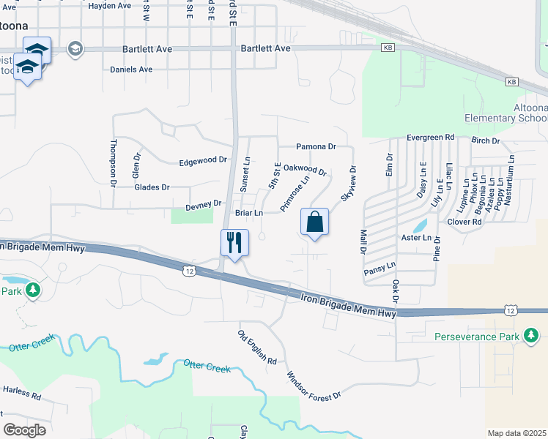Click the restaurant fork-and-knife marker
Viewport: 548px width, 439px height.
coord(234,242)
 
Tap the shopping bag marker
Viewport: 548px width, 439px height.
coord(314,222)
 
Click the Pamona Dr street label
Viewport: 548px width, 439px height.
coord(316,146)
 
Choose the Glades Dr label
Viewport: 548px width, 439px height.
coord(152,187)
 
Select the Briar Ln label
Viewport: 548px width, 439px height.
coord(248,213)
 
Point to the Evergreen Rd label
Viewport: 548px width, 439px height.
coord(431,137)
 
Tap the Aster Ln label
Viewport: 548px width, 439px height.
coord(416,237)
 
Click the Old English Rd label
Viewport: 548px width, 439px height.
coord(256,348)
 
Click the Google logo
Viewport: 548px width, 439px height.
coord(24,429)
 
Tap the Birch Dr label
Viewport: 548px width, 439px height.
coord(486,140)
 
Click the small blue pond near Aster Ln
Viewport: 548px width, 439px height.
coord(421,225)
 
